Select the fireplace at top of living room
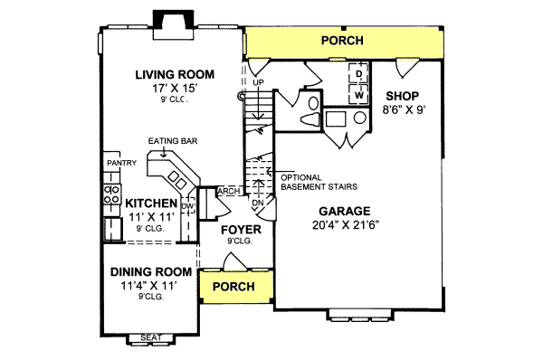172,21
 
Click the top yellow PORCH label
342,41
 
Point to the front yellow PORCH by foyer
234,287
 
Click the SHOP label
401,95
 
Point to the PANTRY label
120,163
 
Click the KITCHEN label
151,204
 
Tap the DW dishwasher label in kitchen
187,207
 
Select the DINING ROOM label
151,271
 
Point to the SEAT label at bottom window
151,338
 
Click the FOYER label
241,230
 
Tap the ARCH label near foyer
228,191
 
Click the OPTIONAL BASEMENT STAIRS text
318,181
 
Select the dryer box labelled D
358,73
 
